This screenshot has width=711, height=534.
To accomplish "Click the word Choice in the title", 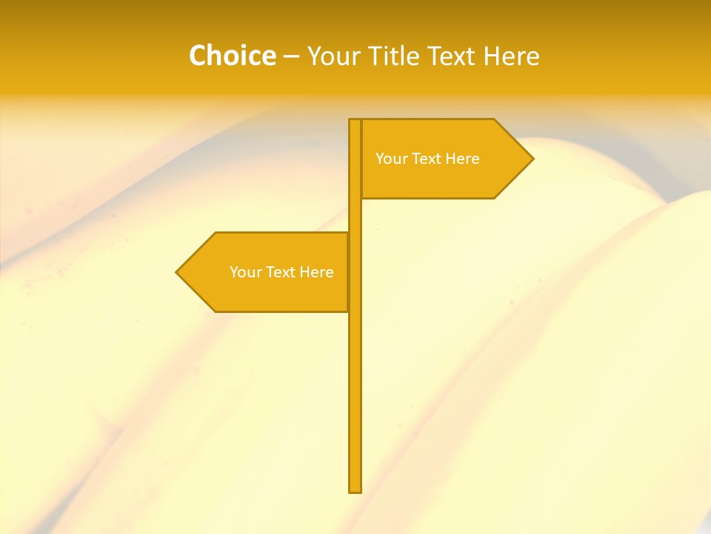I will coord(232,56).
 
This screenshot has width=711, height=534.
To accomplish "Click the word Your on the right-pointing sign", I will coord(390,159).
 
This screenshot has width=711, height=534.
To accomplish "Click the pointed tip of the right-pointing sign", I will coord(533,159).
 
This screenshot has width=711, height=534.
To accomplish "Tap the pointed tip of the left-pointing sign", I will coord(176,272).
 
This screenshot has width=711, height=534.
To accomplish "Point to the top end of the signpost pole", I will coord(355,119).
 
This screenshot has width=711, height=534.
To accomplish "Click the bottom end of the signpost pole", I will coord(355,492).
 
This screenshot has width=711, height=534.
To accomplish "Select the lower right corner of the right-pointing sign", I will coord(494,198).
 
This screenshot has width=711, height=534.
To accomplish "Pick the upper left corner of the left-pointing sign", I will coord(216,233).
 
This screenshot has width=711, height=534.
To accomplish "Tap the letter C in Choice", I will coord(197,56).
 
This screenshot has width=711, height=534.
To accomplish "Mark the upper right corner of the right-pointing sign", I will coord(494,119).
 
